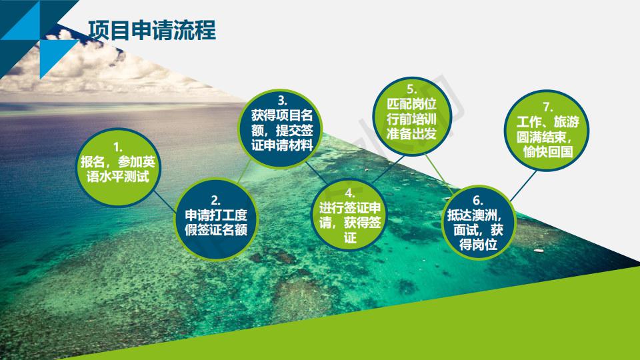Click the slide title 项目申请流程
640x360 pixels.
coord(152,30)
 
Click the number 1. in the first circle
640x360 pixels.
coord(117,147)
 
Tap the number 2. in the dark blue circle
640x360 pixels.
coord(215,201)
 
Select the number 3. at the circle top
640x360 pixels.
coord(282,101)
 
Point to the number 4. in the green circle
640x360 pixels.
coord(350,193)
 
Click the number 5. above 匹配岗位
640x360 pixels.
coord(411,89)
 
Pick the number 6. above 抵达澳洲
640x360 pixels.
coord(478,201)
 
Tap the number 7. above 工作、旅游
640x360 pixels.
coord(548,107)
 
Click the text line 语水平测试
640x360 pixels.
coord(117,177)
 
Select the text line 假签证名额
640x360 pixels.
coord(216,230)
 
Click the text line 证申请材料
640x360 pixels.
coord(282,145)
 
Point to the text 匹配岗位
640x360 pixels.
coord(412,104)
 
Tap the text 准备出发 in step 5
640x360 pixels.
coord(412,133)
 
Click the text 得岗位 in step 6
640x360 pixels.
coord(478,245)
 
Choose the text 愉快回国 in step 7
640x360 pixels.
coord(548,151)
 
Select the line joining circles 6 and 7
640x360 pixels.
coord(523,186)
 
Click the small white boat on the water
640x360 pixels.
coord(539,251)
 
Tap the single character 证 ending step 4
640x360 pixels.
coord(350,237)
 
